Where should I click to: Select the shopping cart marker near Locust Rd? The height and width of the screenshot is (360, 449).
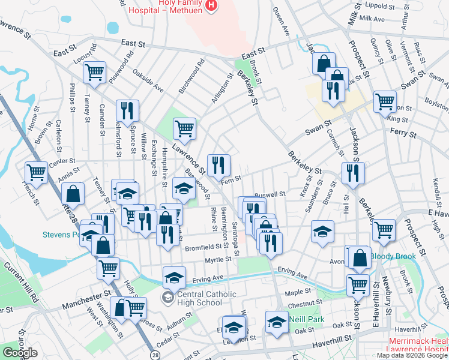[x=95, y=72]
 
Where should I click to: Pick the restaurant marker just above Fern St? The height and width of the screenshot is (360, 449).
[x=218, y=164]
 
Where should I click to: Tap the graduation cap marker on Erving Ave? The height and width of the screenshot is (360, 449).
[x=174, y=277]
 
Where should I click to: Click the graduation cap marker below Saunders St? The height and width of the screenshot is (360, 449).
[x=322, y=232]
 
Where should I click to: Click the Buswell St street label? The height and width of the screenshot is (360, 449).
[x=270, y=194]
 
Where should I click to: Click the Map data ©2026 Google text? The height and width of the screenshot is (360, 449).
[x=412, y=355]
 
